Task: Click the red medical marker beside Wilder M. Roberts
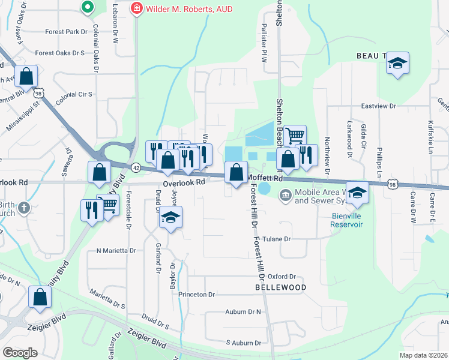coord(137,9)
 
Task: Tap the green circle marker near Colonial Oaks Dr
coord(87,8)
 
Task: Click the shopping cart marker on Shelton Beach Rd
coord(295,136)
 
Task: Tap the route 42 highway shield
coord(136,168)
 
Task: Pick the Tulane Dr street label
coord(279,239)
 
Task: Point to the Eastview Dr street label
coord(379,106)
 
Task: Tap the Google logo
coord(20,352)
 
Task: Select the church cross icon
coord(23,208)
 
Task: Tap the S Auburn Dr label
coord(244,343)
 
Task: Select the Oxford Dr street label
coord(282,277)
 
